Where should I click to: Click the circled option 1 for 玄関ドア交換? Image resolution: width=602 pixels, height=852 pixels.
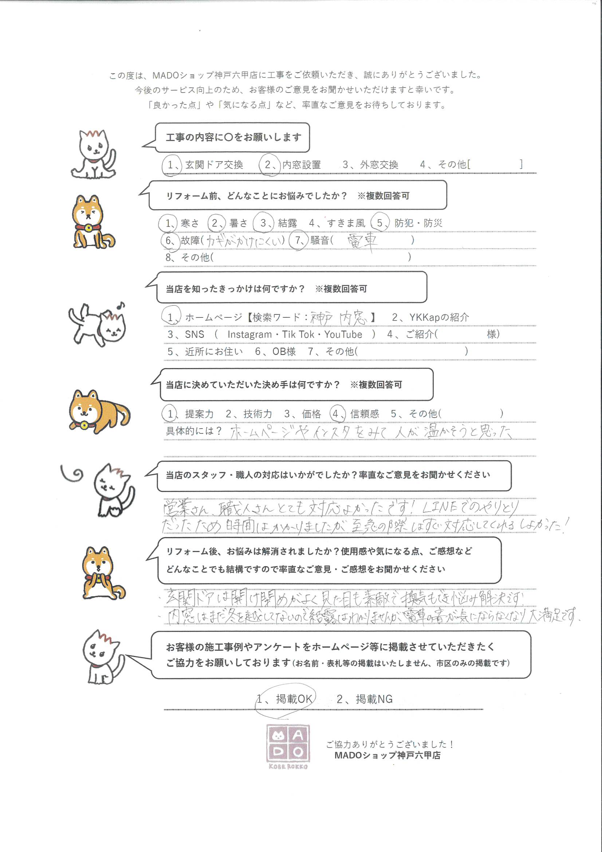tap(171, 165)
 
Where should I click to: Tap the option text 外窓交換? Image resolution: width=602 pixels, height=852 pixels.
tap(379, 165)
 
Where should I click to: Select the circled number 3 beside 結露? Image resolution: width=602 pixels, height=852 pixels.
tap(263, 223)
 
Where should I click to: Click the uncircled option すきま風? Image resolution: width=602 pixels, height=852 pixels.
tap(346, 223)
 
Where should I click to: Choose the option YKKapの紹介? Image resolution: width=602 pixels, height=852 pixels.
tap(439, 317)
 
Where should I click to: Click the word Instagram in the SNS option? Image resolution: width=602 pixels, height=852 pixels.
tap(249, 334)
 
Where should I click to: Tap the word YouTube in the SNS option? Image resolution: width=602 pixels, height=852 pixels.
tap(343, 334)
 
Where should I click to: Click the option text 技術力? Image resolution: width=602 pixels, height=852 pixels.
tap(257, 414)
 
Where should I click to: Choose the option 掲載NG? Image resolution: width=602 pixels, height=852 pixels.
tap(374, 699)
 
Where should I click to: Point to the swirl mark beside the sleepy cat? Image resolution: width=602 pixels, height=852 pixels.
tap(73, 474)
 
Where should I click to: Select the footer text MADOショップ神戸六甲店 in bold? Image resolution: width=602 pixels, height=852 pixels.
tap(387, 755)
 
